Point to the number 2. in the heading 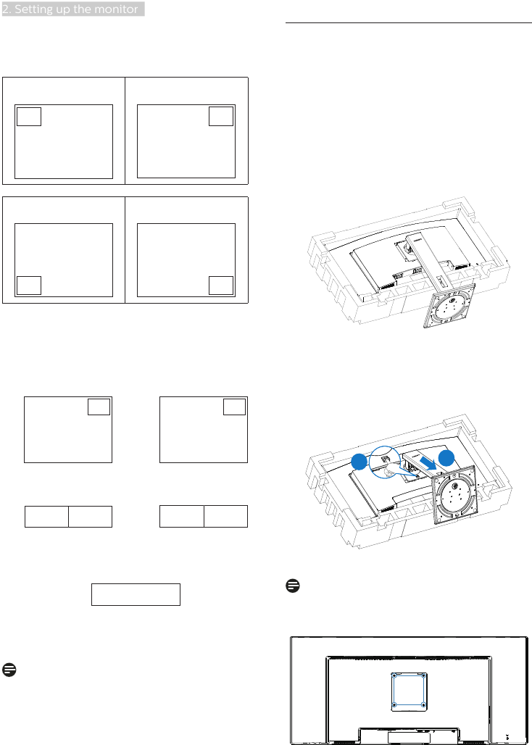point(7,9)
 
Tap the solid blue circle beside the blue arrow point(446,459)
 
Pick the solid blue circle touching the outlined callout point(359,462)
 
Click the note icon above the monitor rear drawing point(293,586)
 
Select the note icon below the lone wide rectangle point(9,670)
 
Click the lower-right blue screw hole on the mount point(423,704)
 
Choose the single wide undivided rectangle point(136,594)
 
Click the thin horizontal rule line point(408,22)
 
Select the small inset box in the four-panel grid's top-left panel point(29,117)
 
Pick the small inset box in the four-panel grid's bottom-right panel point(221,285)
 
